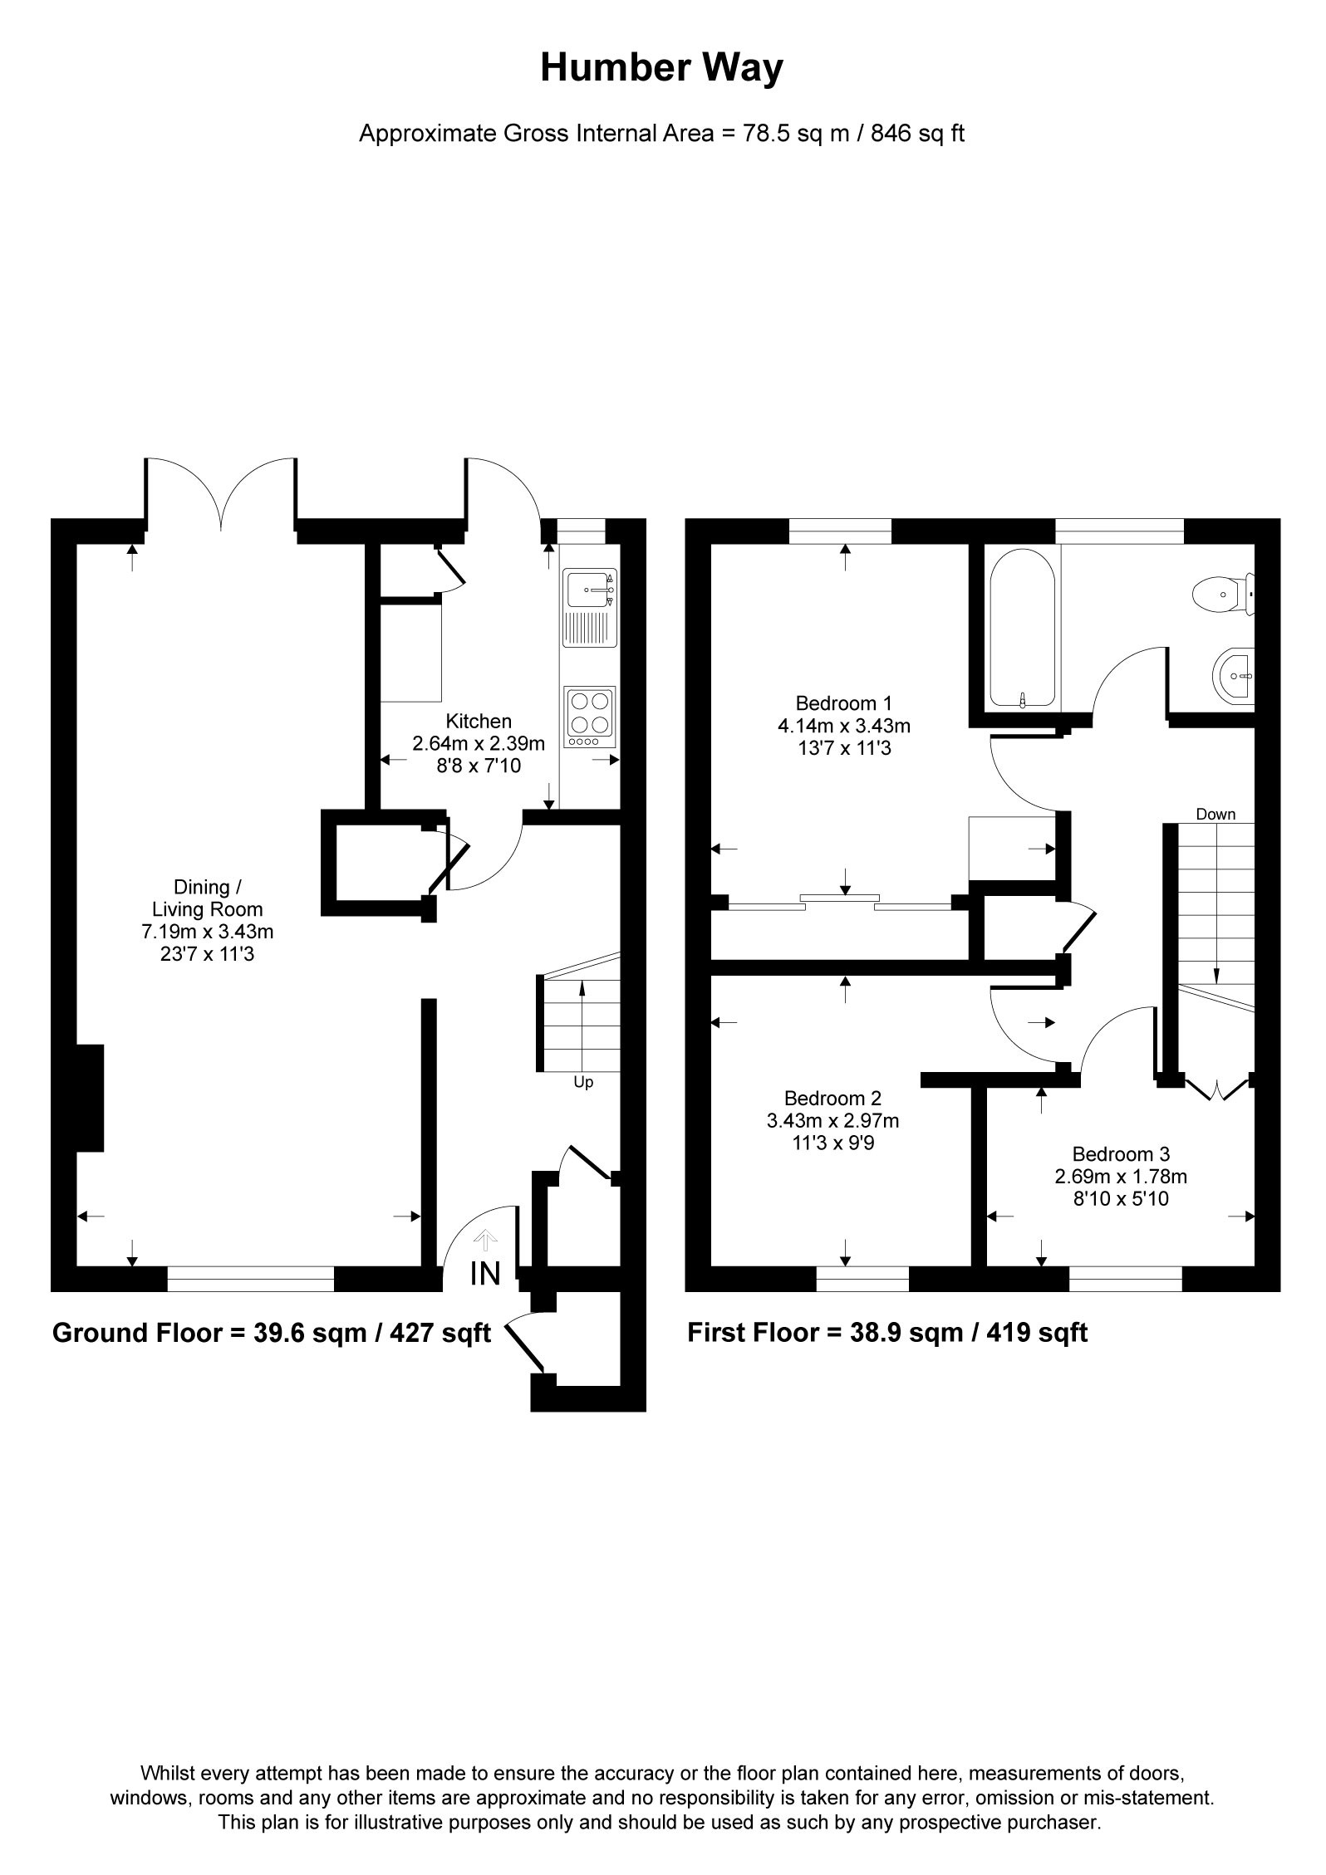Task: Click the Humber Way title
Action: [661, 68]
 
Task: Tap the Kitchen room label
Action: [479, 722]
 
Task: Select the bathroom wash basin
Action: [1234, 677]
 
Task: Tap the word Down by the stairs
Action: [1215, 815]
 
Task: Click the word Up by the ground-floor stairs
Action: [583, 1083]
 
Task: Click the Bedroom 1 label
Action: [843, 703]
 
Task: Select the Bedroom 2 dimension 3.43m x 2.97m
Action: [832, 1121]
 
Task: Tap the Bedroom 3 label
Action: [1121, 1153]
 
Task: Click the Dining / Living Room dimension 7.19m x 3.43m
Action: [207, 932]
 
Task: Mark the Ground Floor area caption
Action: [272, 1333]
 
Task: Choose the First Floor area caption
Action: [887, 1333]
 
